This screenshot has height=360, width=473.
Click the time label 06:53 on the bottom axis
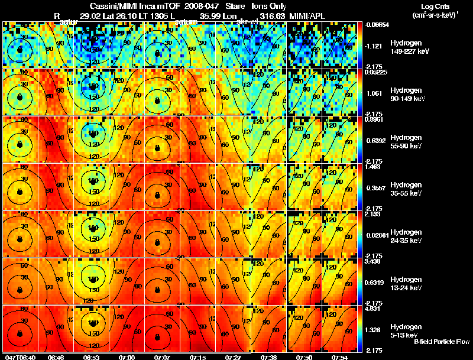pyautogui.click(x=91, y=356)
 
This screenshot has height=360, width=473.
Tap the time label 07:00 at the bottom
pyautogui.click(x=127, y=356)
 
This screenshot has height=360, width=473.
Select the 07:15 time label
pyautogui.click(x=197, y=356)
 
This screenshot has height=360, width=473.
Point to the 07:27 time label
pyautogui.click(x=233, y=356)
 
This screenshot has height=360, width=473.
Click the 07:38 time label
pyautogui.click(x=268, y=356)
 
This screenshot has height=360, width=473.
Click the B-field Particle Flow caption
pyautogui.click(x=441, y=342)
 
